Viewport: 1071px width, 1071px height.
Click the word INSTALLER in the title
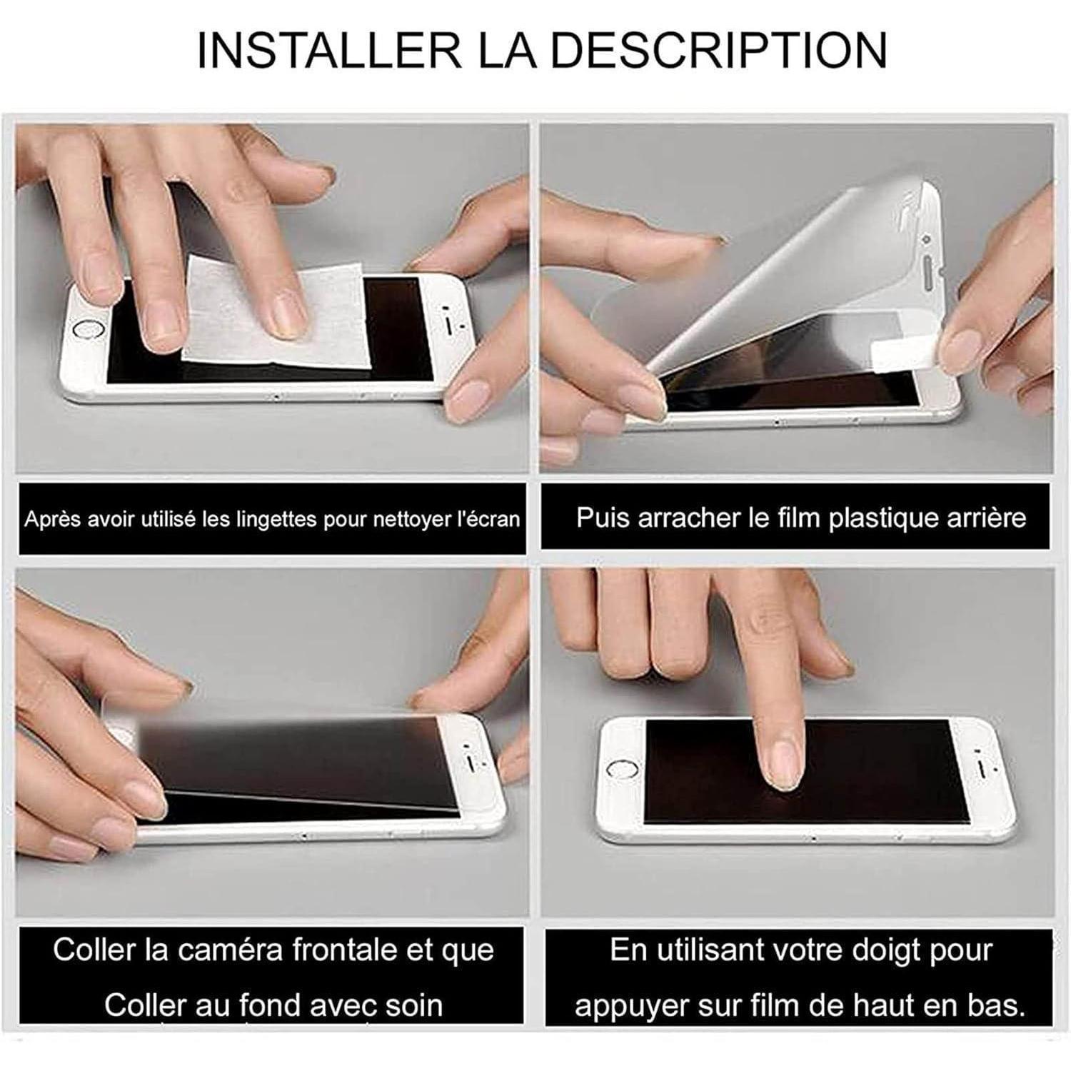tap(329, 49)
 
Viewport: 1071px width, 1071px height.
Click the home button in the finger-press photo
tap(620, 770)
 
